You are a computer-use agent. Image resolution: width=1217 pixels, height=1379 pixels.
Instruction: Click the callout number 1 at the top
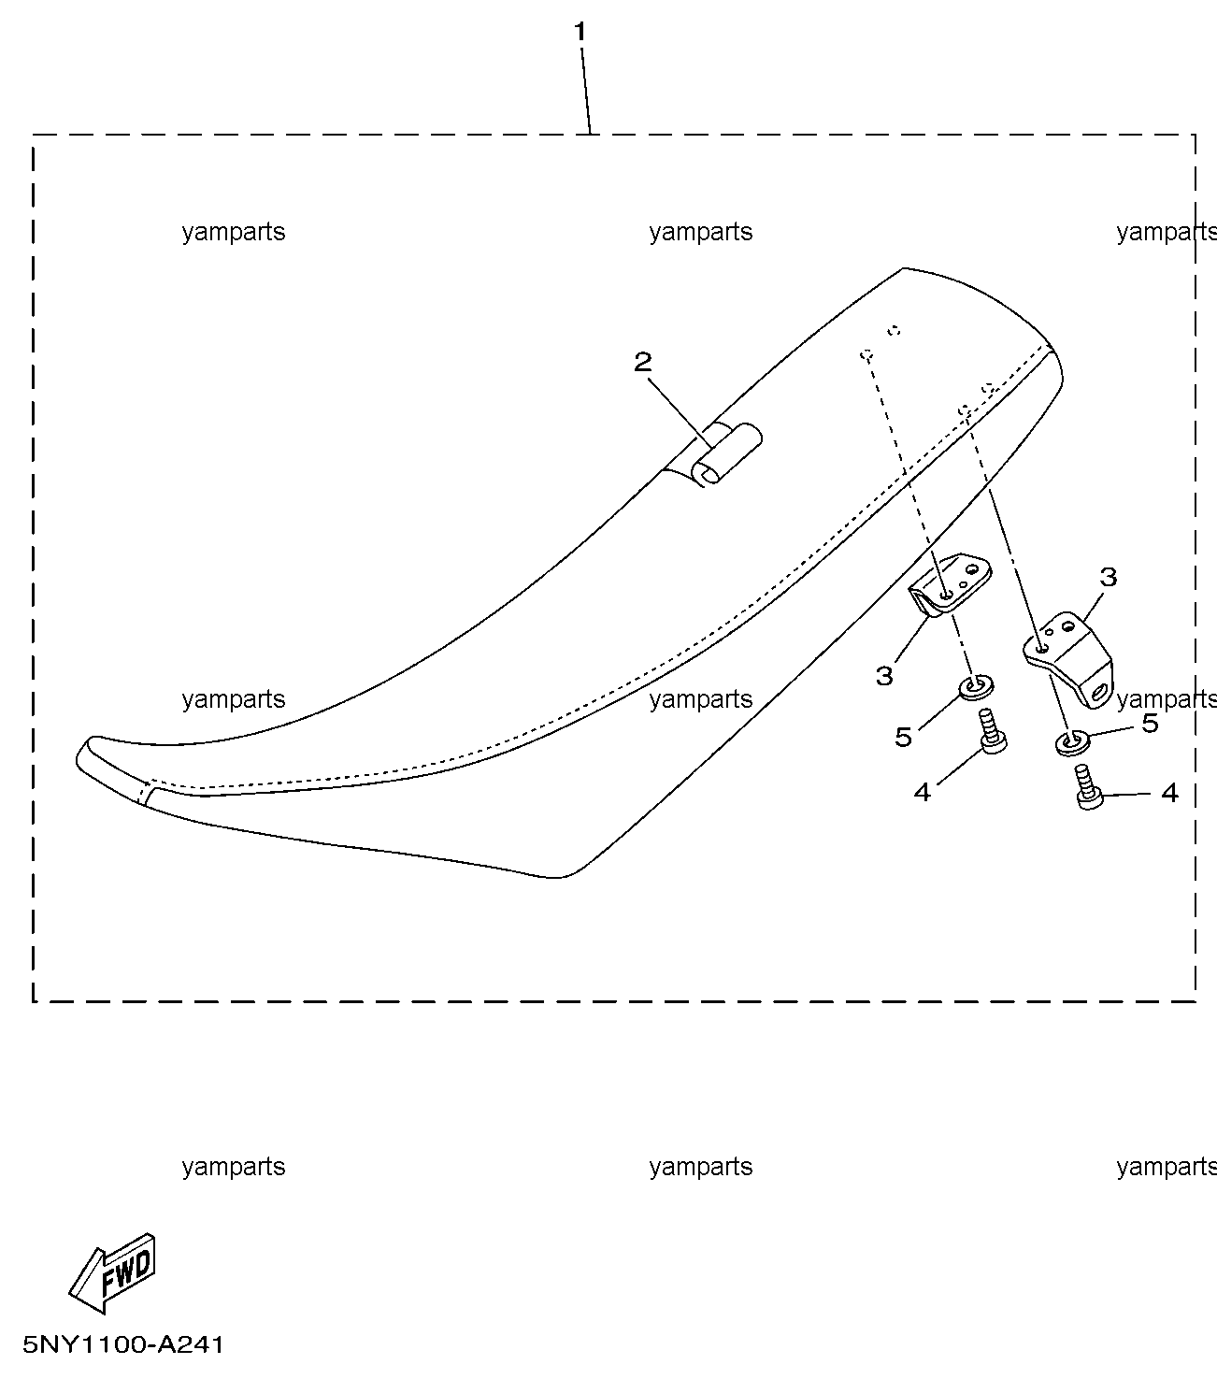click(x=580, y=31)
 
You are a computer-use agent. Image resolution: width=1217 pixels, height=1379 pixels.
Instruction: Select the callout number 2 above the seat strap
click(x=642, y=362)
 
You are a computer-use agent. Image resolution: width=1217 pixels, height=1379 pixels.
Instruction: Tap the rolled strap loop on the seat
click(x=726, y=453)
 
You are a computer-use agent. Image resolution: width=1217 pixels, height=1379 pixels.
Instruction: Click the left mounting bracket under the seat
click(x=951, y=584)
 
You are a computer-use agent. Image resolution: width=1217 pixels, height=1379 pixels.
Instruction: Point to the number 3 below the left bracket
click(x=884, y=676)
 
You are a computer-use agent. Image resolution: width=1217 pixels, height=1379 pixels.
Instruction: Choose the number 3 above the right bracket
click(x=1109, y=577)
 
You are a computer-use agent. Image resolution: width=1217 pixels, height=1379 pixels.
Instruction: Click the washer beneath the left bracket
click(x=977, y=687)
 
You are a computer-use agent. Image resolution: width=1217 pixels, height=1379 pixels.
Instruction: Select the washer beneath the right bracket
click(x=1073, y=742)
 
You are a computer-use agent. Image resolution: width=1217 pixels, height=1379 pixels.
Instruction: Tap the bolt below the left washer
click(x=993, y=730)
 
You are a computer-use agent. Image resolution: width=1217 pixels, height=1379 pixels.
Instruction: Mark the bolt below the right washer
click(x=1088, y=787)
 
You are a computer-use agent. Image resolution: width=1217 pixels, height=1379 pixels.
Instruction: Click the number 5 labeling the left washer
click(x=903, y=737)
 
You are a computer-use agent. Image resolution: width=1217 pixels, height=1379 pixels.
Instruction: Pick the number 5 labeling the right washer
click(x=1151, y=724)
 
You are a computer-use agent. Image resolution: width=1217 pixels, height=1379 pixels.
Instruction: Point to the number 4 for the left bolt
click(x=923, y=792)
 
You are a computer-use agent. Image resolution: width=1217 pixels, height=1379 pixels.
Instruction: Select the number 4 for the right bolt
click(x=1170, y=792)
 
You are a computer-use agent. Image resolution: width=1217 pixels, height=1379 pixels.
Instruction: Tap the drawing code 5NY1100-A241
click(x=123, y=1345)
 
